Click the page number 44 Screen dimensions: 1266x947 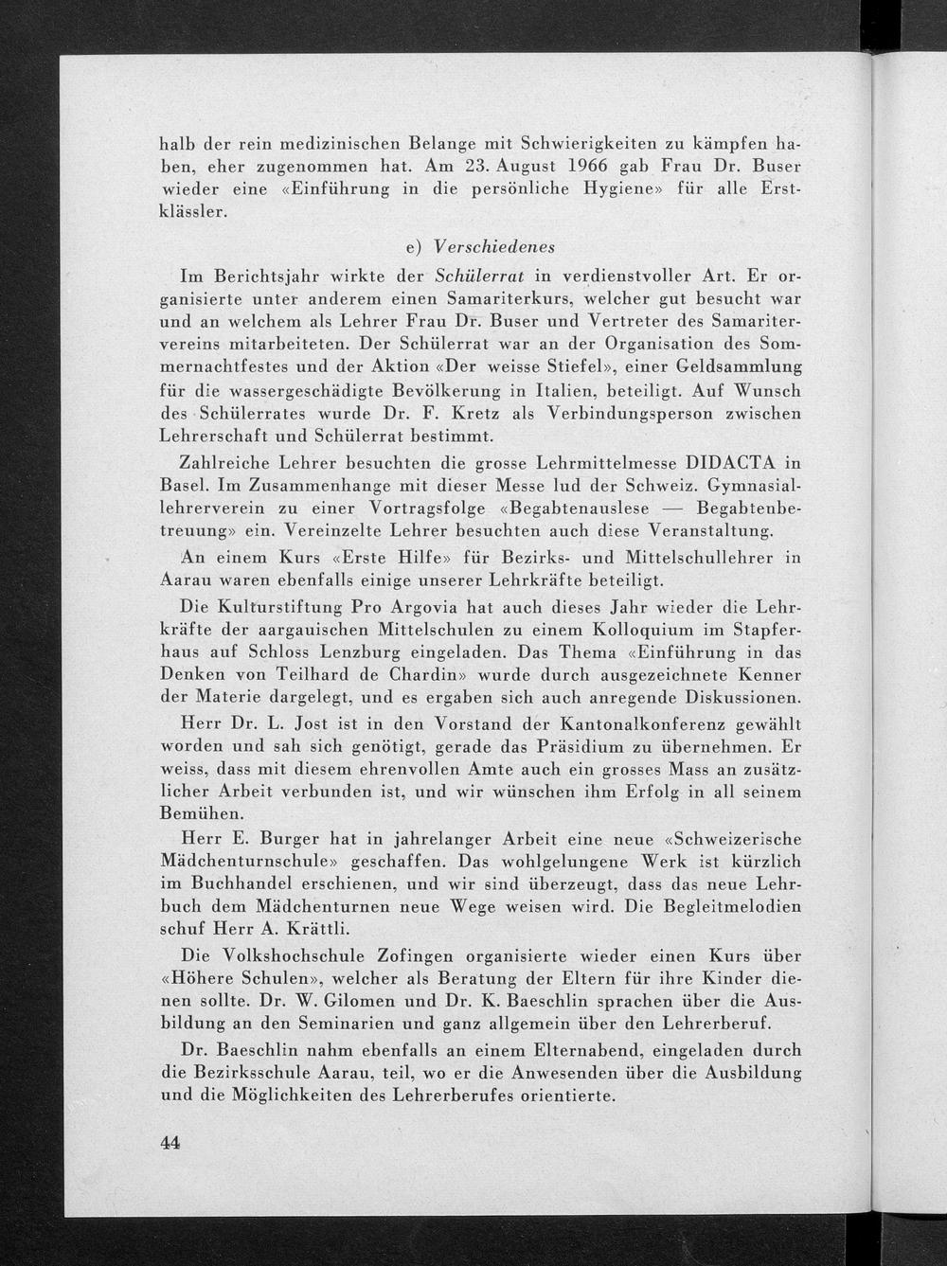pos(170,1142)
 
